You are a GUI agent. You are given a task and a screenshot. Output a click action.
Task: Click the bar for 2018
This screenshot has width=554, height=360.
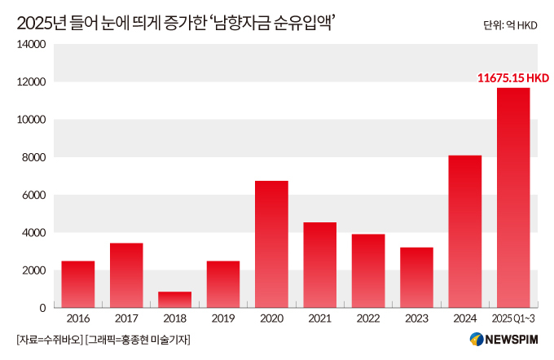tap(174, 299)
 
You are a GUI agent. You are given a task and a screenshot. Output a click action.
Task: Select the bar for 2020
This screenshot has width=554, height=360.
tap(271, 244)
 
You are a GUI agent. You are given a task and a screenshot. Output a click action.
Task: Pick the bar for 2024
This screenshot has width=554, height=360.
tap(464, 231)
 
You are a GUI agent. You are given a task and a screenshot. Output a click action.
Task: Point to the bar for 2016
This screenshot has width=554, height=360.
tap(78, 284)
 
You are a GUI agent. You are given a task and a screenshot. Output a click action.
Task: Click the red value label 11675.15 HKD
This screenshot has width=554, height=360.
tap(513, 78)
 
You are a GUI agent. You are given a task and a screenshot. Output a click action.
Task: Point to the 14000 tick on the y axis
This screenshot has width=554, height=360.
tap(30, 45)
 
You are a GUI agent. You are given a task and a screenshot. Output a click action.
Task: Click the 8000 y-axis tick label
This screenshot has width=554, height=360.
tap(33, 157)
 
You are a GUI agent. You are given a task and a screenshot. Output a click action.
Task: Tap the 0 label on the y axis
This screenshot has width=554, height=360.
tap(42, 308)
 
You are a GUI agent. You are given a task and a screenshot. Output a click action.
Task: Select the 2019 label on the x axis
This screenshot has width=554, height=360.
tap(223, 319)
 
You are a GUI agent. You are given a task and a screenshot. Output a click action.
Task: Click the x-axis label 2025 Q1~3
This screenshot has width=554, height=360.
tap(513, 319)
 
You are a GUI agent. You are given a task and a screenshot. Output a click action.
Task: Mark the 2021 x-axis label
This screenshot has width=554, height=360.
tap(320, 319)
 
